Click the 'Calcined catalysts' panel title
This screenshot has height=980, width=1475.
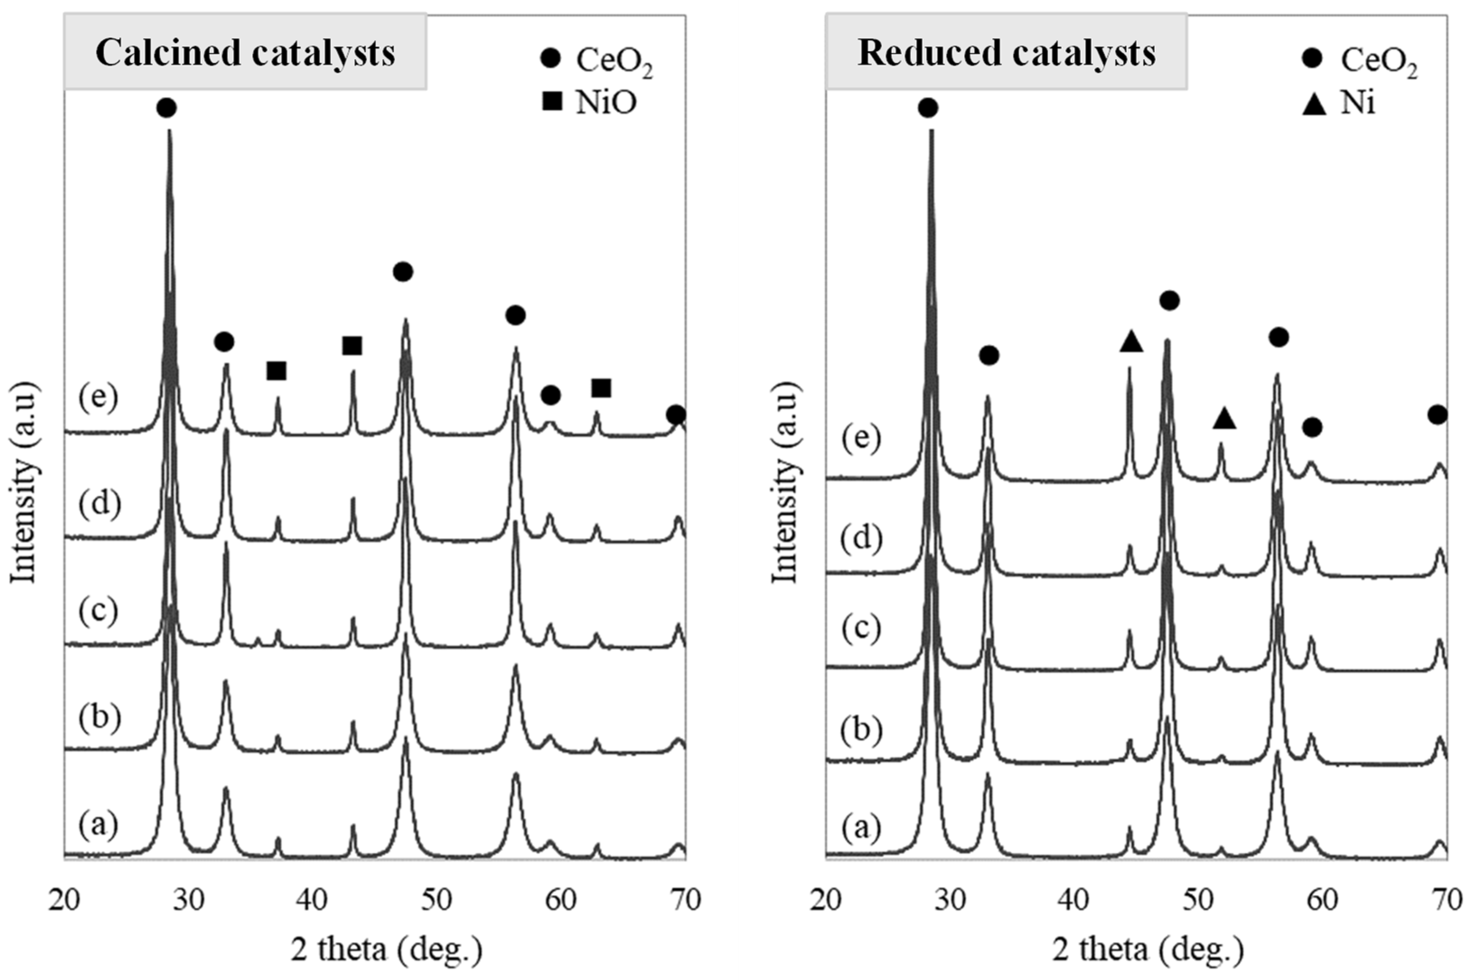coord(245,52)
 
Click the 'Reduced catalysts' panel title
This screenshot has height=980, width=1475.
coord(1006,52)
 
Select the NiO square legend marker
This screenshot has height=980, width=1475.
coord(553,101)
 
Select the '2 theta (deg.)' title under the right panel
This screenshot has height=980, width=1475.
coord(1148,949)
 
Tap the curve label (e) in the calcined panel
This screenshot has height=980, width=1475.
coord(98,398)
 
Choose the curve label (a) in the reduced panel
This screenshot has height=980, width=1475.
coord(861,828)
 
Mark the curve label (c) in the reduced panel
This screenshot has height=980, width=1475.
coord(861,628)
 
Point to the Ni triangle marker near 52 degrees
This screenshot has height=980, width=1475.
coord(1224,418)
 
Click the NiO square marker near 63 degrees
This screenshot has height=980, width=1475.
coord(601,388)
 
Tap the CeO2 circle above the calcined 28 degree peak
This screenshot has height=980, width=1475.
coord(166,108)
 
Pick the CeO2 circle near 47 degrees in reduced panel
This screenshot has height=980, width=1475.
coord(1169,301)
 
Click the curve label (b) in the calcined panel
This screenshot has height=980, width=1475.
coord(98,718)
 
